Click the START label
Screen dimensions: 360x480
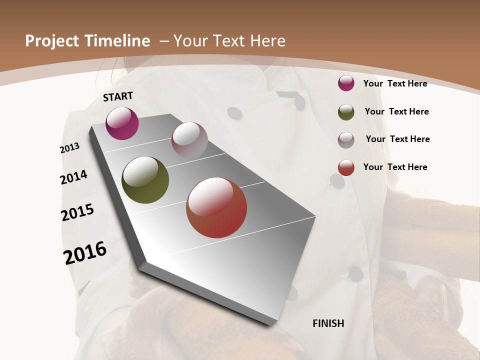[x=118, y=96]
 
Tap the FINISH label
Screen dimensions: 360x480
[x=328, y=323]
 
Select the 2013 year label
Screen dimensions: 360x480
[x=70, y=148]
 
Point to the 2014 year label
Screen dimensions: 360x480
[x=74, y=177]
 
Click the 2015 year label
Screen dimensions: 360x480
[x=77, y=212]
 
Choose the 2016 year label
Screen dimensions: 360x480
[x=85, y=253]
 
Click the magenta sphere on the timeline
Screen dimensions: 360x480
[x=122, y=123]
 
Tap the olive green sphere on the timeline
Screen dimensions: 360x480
[x=145, y=180]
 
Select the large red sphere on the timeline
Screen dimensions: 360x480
[x=216, y=207]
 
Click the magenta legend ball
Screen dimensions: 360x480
[x=346, y=83]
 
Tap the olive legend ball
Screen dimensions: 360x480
[x=346, y=112]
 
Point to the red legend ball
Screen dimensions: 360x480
[x=346, y=167]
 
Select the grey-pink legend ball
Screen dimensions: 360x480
[x=346, y=140]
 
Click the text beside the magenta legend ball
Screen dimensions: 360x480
[x=395, y=83]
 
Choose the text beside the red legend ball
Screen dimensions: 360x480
[x=395, y=167]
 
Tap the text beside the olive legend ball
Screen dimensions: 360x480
[x=396, y=111]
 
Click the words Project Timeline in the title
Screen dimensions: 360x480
[x=87, y=41]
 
